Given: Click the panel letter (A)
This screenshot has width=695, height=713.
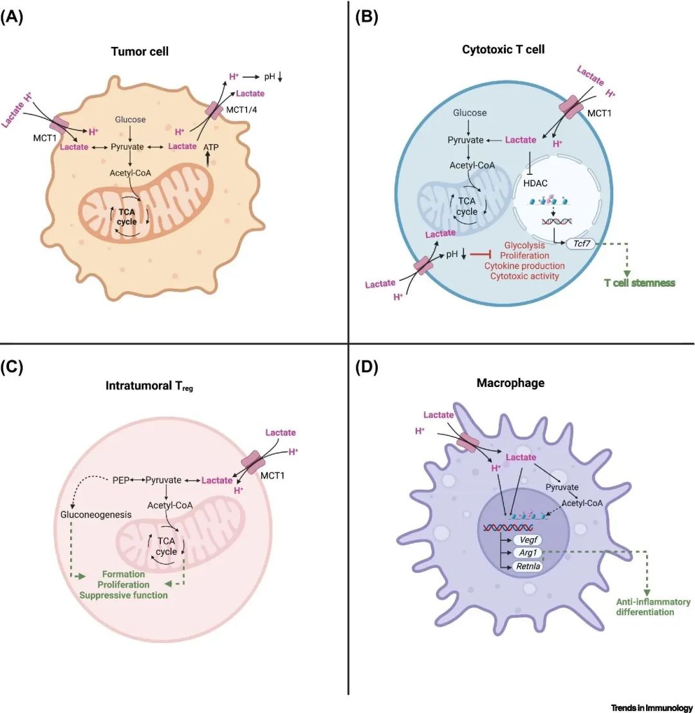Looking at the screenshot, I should point(12,17).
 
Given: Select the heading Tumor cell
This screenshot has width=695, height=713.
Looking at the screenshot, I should point(138,51).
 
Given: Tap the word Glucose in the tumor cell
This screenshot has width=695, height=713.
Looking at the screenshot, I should point(131,120).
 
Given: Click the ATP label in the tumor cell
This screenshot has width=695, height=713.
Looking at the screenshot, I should point(212,147).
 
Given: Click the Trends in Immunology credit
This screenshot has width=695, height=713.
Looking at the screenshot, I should point(651,706).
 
